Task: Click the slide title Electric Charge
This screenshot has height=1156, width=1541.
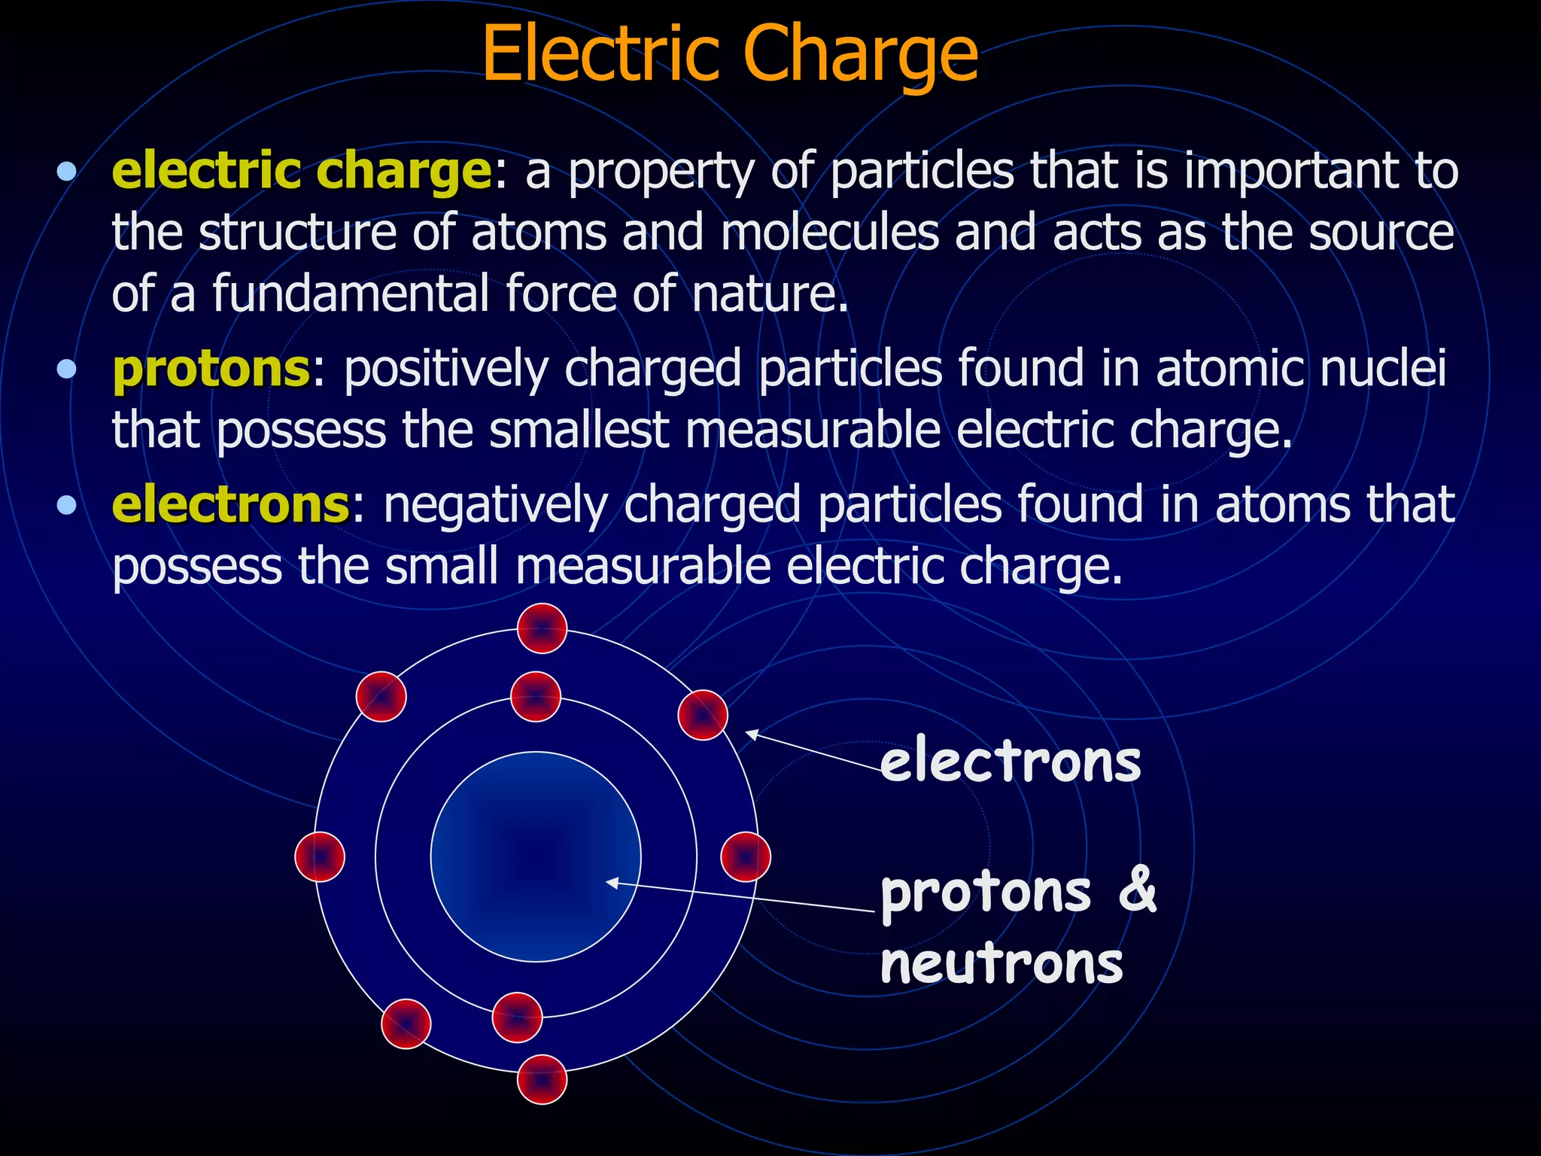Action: tap(729, 54)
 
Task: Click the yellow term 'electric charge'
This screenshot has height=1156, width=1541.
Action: tap(302, 171)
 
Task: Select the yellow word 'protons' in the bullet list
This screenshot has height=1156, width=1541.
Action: tap(211, 369)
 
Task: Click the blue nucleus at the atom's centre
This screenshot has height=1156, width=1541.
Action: tap(536, 856)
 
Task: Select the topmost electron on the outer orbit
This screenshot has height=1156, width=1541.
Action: tap(542, 628)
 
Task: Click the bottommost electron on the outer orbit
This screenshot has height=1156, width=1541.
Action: tap(542, 1079)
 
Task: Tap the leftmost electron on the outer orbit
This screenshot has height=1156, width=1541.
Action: tap(320, 856)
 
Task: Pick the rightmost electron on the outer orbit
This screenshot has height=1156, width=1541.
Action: tap(746, 856)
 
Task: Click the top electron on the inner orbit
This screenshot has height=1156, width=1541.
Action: tap(536, 696)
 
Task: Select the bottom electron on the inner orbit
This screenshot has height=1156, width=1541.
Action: tap(517, 1018)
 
